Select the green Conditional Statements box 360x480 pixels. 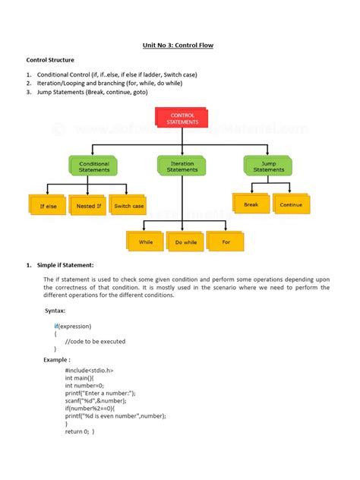[94, 166]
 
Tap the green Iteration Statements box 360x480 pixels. [182, 166]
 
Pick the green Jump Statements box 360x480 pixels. [268, 166]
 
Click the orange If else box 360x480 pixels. [48, 206]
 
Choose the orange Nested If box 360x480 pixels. [87, 206]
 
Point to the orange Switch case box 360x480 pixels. [128, 206]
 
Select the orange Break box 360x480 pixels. [251, 204]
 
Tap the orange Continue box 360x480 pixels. [290, 204]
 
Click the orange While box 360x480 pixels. [146, 242]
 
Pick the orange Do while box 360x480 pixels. [185, 242]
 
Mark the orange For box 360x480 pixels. [226, 242]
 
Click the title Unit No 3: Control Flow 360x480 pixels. [179, 45]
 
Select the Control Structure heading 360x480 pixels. [51, 59]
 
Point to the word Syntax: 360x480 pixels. [55, 311]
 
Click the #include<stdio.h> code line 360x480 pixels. [90, 370]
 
